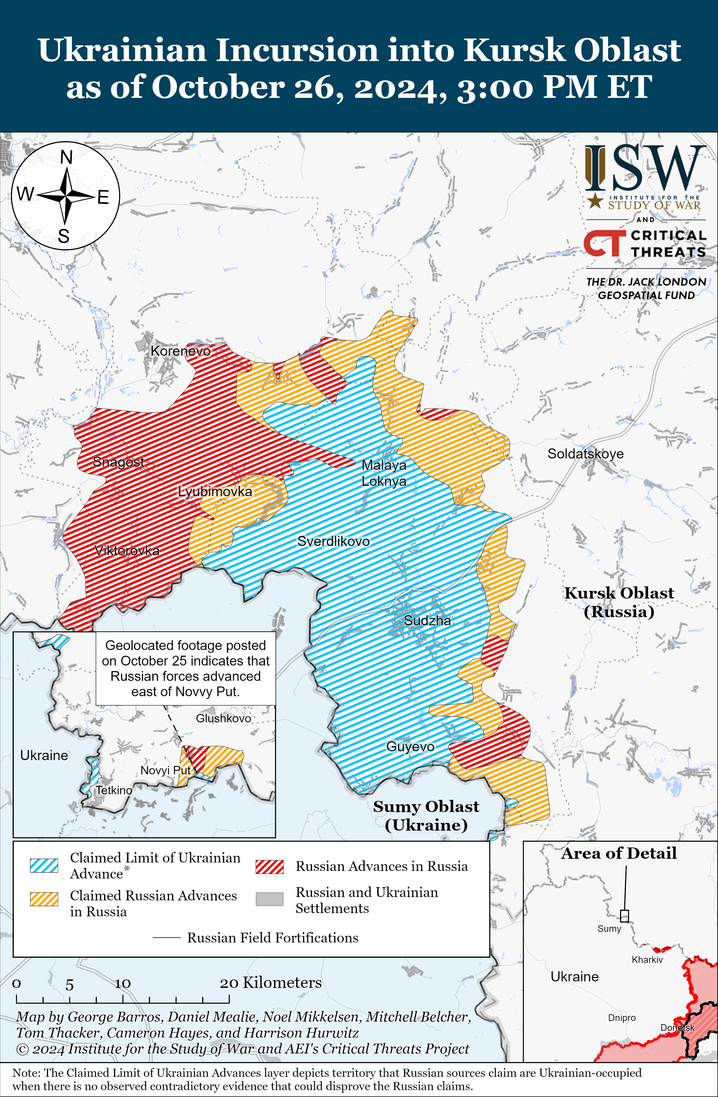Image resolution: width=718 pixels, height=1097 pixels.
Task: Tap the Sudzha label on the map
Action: tap(427, 621)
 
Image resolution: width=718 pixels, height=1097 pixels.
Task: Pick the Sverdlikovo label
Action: tap(333, 541)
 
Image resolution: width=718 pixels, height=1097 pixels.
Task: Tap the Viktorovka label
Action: tap(127, 550)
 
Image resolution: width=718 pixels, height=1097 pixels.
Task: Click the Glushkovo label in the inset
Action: tap(223, 718)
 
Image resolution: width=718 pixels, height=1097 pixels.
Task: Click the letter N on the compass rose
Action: tap(66, 157)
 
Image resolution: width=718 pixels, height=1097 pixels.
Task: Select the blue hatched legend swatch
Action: tap(44, 865)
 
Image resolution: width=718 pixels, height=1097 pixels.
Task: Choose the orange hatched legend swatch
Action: tap(44, 899)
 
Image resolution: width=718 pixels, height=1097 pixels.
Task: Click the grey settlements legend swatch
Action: tap(269, 899)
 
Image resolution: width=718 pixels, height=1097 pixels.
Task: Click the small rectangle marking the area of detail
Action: tap(624, 915)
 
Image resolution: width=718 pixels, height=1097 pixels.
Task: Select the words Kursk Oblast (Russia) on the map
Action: tap(619, 602)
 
